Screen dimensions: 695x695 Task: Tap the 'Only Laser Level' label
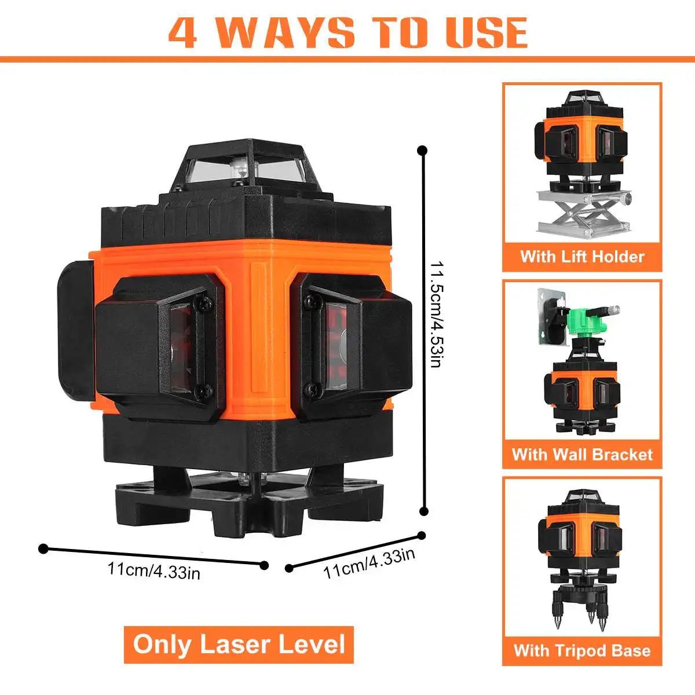pos(239,645)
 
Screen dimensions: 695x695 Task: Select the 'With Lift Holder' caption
pos(582,256)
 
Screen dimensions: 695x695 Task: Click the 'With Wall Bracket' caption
pos(582,454)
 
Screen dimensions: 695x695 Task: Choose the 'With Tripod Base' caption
pos(582,650)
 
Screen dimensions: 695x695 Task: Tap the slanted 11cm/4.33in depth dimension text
pos(369,563)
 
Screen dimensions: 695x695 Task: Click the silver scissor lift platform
pos(582,212)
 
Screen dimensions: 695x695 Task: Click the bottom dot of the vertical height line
pos(423,511)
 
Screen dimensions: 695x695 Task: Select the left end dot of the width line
pos(42,548)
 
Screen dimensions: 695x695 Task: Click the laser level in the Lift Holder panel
pos(582,139)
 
